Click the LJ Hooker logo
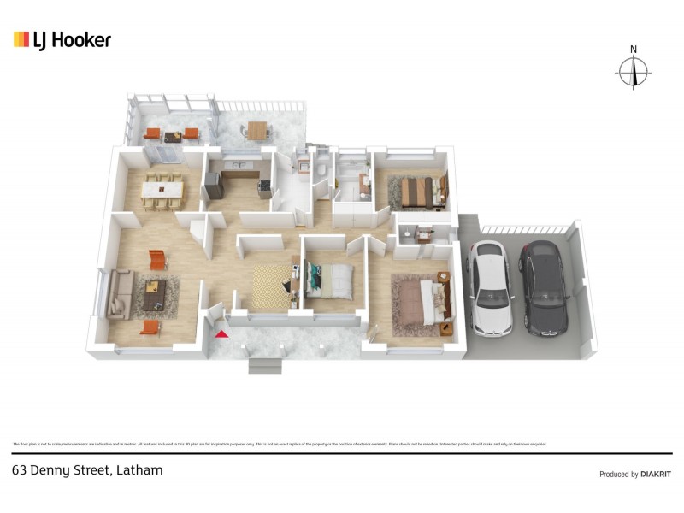[62, 39]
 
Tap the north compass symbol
[634, 70]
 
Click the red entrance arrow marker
[222, 334]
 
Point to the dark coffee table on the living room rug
[154, 295]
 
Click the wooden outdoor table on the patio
[257, 129]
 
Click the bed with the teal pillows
[330, 280]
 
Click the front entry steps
[265, 365]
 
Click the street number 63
[19, 469]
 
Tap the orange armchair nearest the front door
[150, 327]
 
